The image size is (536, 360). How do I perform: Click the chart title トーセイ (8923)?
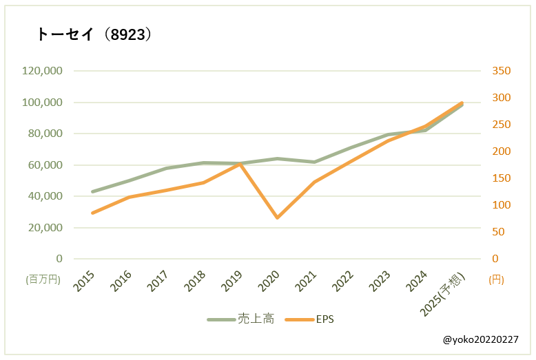click(x=94, y=35)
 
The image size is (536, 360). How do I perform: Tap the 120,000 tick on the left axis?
click(x=43, y=71)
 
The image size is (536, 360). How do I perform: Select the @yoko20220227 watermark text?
click(x=481, y=340)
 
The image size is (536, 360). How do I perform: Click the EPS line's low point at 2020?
click(x=278, y=218)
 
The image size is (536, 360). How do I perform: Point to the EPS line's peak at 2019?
click(x=240, y=164)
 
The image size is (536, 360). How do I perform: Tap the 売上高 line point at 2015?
click(x=92, y=191)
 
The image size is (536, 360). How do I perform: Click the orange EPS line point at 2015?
click(x=92, y=213)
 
